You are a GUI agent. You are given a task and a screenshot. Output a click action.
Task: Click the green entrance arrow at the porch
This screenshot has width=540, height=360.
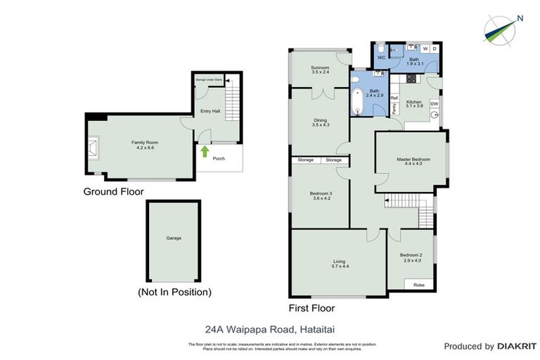click(205, 150)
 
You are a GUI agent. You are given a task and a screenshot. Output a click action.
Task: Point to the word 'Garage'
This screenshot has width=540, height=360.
click(174, 238)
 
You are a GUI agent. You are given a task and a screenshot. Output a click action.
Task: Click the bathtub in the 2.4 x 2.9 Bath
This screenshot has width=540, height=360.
click(356, 102)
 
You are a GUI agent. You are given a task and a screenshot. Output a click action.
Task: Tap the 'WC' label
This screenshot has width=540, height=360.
click(380, 58)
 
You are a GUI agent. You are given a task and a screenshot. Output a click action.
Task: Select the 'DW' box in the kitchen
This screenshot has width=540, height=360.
click(434, 104)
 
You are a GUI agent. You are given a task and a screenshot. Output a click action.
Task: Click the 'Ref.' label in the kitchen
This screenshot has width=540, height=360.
click(394, 98)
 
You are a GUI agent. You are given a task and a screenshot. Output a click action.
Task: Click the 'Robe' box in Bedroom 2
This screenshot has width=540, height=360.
click(418, 285)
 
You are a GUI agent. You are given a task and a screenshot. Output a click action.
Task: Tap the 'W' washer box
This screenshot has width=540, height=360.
click(425, 49)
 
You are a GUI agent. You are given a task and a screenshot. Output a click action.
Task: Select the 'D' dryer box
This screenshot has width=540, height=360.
click(435, 49)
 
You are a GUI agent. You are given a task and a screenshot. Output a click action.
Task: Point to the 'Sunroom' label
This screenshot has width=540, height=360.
click(321, 67)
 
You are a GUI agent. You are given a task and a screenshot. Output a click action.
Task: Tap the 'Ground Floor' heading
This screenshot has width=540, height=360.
click(113, 191)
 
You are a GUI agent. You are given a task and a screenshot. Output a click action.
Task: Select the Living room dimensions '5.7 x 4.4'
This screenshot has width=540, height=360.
click(340, 267)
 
